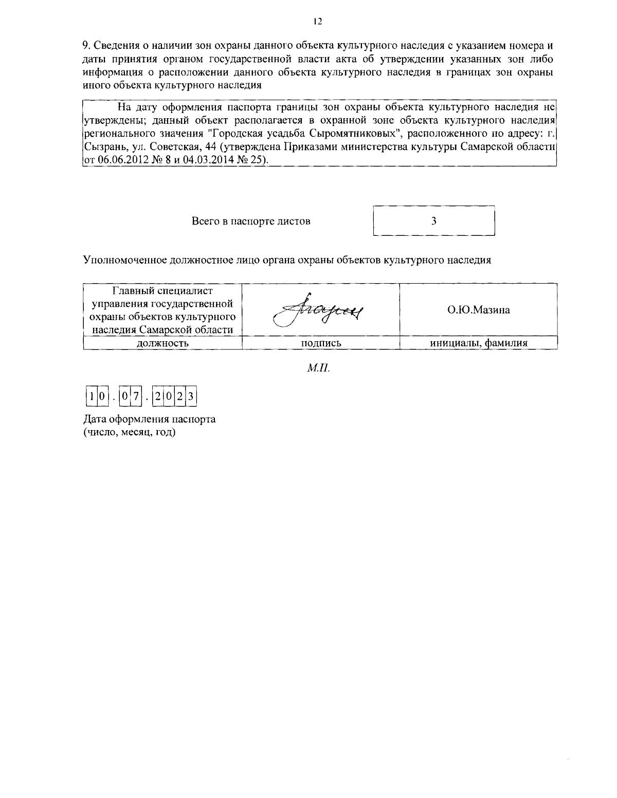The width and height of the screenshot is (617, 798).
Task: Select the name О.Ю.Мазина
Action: [478, 310]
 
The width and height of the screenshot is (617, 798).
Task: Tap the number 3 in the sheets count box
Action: [433, 221]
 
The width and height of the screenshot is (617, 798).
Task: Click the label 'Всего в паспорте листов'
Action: [251, 221]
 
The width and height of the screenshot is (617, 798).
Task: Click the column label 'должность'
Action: [162, 343]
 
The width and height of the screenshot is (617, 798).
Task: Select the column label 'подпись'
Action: [321, 343]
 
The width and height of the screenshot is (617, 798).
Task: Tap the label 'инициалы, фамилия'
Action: [478, 343]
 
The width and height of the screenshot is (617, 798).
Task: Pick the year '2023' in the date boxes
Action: [175, 397]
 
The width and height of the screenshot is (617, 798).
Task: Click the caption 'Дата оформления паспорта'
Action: [150, 419]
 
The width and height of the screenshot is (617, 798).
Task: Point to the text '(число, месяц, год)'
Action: [130, 433]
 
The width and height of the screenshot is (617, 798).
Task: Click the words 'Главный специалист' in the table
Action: [162, 292]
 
